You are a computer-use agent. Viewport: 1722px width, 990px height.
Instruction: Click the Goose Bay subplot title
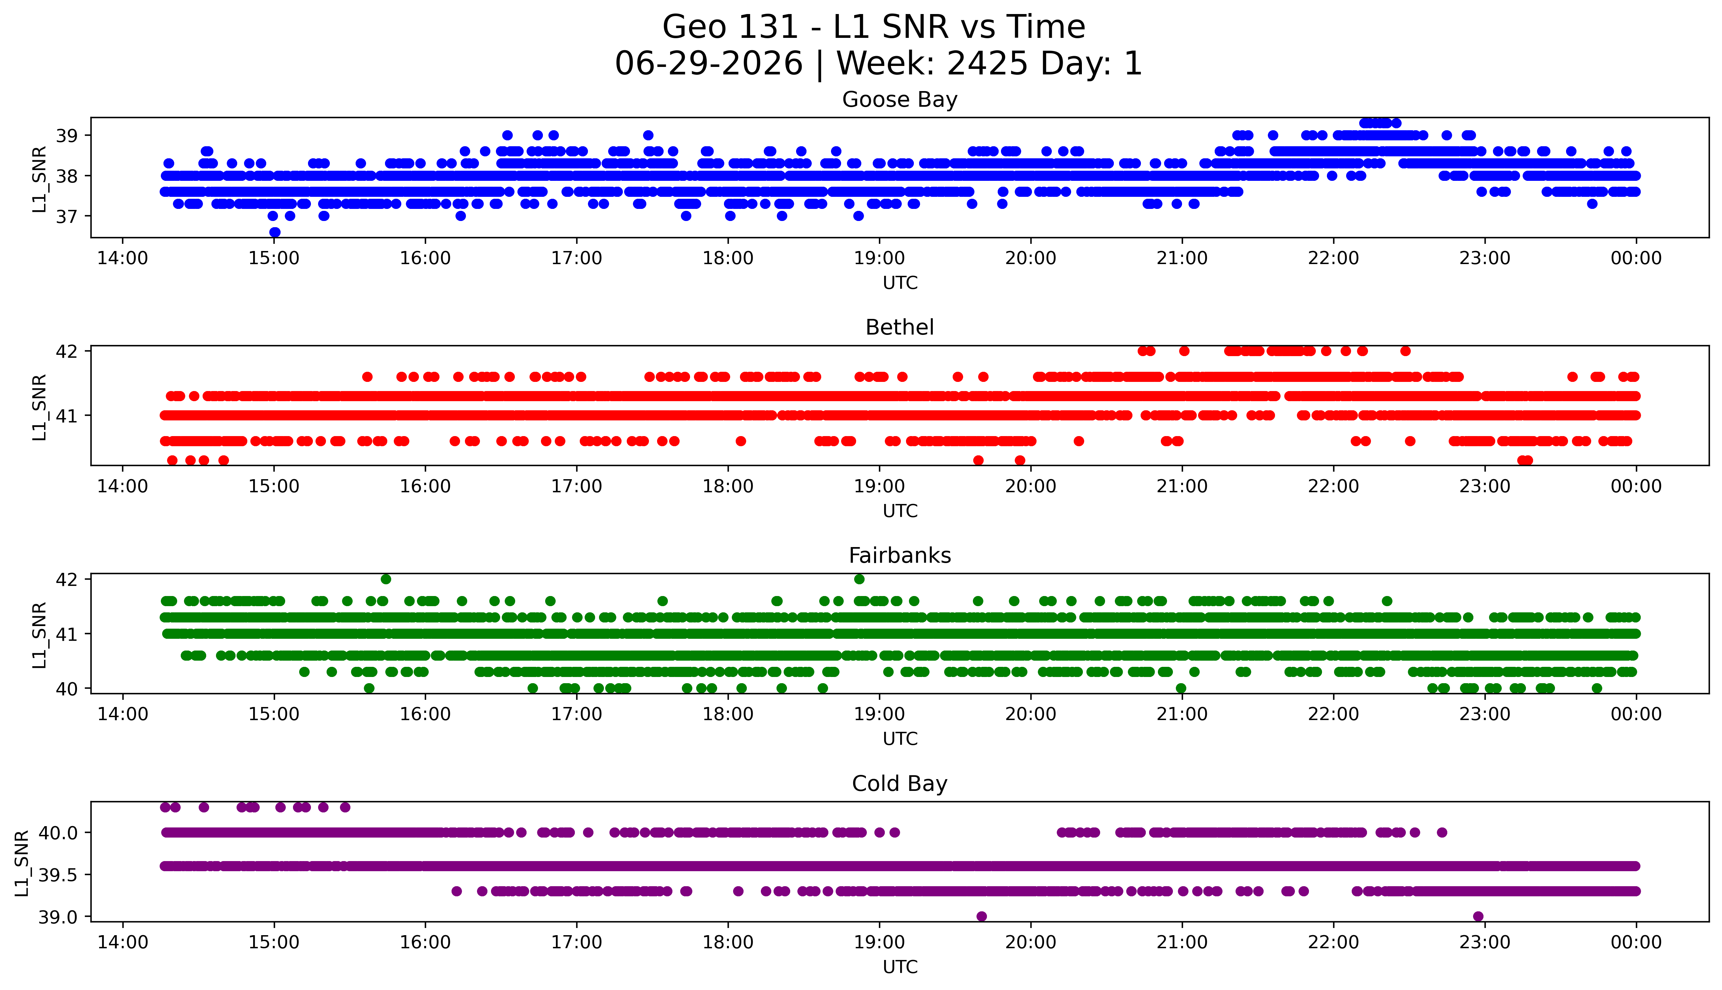click(900, 100)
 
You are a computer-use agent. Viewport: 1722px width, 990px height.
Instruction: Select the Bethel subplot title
click(900, 328)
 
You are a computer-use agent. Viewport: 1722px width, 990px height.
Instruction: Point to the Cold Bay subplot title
click(900, 784)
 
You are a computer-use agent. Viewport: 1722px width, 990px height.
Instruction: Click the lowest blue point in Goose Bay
click(275, 232)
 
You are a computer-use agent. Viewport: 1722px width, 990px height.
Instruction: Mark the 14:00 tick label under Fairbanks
click(122, 714)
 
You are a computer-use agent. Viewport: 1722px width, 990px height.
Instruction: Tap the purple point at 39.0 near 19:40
click(981, 917)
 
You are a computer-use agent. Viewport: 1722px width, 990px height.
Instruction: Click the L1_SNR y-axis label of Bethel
click(39, 407)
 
